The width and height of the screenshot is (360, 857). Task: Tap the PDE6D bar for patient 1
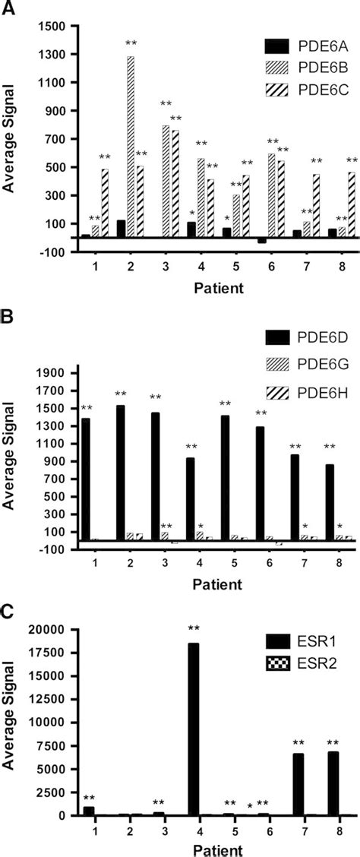(86, 479)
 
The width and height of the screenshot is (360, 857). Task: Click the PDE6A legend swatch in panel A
(275, 45)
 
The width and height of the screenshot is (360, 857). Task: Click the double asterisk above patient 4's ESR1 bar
(194, 606)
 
